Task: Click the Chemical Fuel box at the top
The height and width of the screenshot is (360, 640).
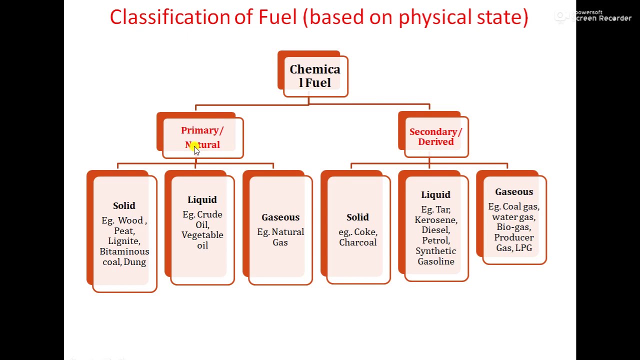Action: [x=315, y=76]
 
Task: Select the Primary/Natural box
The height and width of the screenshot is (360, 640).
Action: [x=202, y=137]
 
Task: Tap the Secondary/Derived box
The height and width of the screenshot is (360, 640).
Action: [x=435, y=136]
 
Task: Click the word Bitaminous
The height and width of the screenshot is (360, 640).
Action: [x=124, y=251]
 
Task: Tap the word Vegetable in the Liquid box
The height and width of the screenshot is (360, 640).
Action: [x=202, y=235]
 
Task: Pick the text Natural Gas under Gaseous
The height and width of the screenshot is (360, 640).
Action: [x=280, y=237]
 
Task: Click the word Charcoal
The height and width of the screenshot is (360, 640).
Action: [x=357, y=242]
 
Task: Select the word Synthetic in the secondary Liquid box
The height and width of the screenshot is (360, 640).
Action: [x=435, y=251]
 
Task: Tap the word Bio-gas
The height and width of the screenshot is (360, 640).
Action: [x=513, y=227]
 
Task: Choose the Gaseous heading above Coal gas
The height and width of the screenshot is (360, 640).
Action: [x=514, y=192]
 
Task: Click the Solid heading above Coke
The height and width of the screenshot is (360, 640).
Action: [x=357, y=217]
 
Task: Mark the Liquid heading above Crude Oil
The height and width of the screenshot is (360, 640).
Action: [x=202, y=200]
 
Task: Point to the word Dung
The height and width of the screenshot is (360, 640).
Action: [x=135, y=262]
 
